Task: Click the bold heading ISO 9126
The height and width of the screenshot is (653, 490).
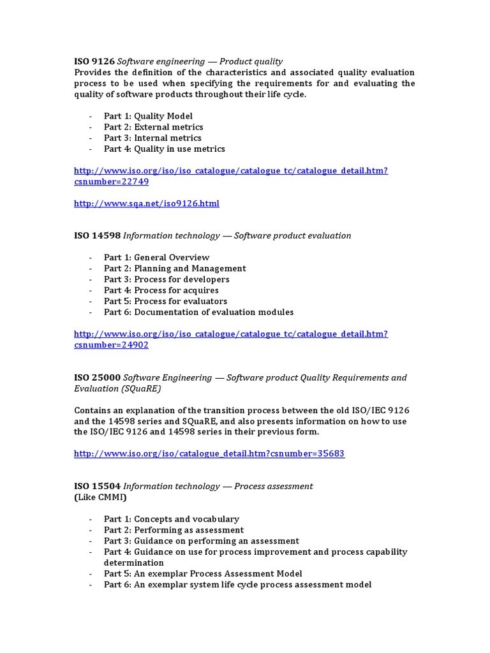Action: point(94,61)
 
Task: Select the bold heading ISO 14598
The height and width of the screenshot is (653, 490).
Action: point(97,235)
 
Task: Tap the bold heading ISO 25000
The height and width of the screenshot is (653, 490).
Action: point(97,378)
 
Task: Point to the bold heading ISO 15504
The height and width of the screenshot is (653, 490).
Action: point(97,486)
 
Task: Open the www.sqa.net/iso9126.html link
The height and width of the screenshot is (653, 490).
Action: point(146,203)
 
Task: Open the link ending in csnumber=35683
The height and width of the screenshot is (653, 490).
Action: point(209,453)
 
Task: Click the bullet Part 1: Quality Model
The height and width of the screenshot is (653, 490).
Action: point(148,116)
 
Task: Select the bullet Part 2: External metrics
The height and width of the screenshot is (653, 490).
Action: point(153,127)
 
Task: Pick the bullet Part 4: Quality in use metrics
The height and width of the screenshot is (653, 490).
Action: point(164,149)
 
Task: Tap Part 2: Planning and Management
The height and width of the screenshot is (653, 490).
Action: point(174,268)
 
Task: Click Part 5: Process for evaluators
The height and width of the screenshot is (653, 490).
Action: point(165,301)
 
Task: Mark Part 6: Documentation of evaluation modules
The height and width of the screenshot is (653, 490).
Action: point(198,312)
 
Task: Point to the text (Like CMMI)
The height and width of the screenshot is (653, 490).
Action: point(100,497)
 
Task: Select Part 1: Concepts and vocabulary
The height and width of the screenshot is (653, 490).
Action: point(171,519)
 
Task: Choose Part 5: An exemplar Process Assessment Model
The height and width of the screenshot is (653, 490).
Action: point(203,573)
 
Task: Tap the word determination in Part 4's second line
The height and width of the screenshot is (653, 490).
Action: point(133,562)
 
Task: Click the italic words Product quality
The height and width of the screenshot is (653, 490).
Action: point(251,61)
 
